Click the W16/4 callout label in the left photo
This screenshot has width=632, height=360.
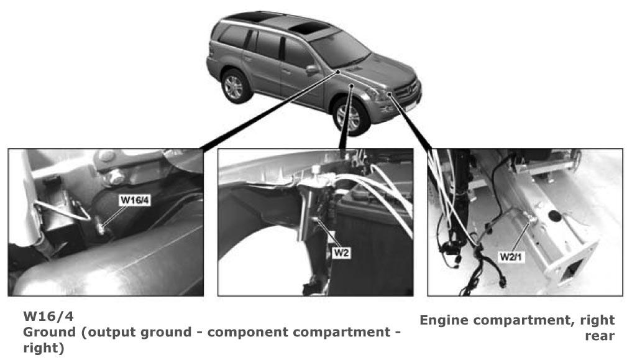click(x=135, y=200)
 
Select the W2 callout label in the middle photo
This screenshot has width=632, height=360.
click(x=341, y=253)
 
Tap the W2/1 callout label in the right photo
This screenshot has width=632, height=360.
click(x=511, y=257)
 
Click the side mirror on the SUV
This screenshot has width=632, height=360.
click(x=312, y=70)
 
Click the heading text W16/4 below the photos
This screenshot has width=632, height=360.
click(x=48, y=316)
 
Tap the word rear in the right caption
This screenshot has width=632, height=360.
click(x=600, y=336)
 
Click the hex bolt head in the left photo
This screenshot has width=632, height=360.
click(x=116, y=177)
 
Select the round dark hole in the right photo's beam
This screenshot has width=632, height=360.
click(x=555, y=216)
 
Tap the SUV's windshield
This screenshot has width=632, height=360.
click(x=341, y=49)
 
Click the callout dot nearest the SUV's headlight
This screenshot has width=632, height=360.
click(x=390, y=94)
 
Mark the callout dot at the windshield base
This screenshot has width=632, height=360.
click(x=338, y=72)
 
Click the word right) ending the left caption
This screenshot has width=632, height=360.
click(x=44, y=348)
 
